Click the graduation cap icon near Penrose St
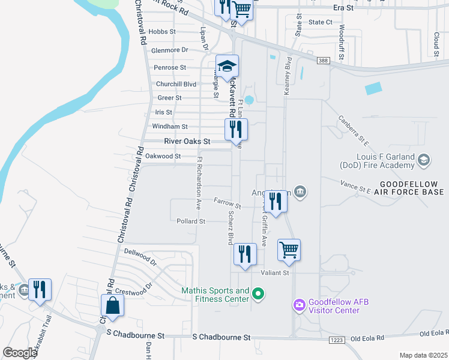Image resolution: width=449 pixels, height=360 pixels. coord(228,67)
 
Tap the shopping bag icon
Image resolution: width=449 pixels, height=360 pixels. coord(112,305)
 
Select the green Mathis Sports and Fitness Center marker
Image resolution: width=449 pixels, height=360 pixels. coord(258,293)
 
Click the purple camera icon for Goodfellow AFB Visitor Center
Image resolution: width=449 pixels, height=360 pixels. coord(299,305)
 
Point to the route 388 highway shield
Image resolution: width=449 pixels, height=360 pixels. coord(324,61)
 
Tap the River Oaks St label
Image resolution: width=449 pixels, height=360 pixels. coord(187,142)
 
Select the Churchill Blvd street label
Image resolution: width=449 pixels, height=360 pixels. coord(176,84)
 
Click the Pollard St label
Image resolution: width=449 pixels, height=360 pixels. coord(191,221)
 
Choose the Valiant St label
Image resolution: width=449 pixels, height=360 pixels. coord(275,272)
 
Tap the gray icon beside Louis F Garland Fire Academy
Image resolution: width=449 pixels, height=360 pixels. coord(424,160)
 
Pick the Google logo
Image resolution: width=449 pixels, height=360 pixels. coord(20,352)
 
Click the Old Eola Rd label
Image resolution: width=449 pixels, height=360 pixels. coord(433,333)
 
